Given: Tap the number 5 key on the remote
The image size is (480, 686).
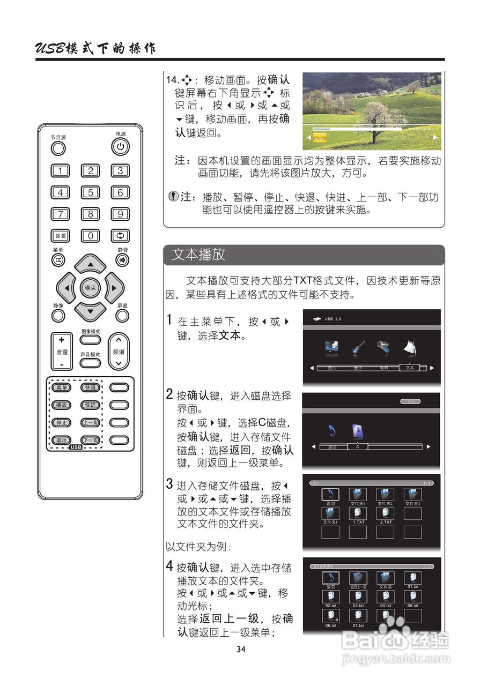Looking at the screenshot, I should tap(90, 192).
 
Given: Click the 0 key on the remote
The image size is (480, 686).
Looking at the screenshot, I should tap(90, 235).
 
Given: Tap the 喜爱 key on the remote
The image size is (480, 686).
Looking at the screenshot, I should tap(60, 235).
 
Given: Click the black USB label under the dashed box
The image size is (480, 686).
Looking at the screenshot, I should tap(76, 447).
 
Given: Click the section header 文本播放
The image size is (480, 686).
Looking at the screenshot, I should tap(198, 255).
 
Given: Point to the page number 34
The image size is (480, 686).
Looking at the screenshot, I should tap(241, 650).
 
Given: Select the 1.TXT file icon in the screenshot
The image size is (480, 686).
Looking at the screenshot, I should tap(358, 513).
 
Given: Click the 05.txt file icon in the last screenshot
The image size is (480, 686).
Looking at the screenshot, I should tap(412, 597).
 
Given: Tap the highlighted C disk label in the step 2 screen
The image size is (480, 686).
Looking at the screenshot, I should tap(358, 446).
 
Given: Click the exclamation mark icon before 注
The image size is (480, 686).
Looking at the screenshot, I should tap(173, 197).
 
